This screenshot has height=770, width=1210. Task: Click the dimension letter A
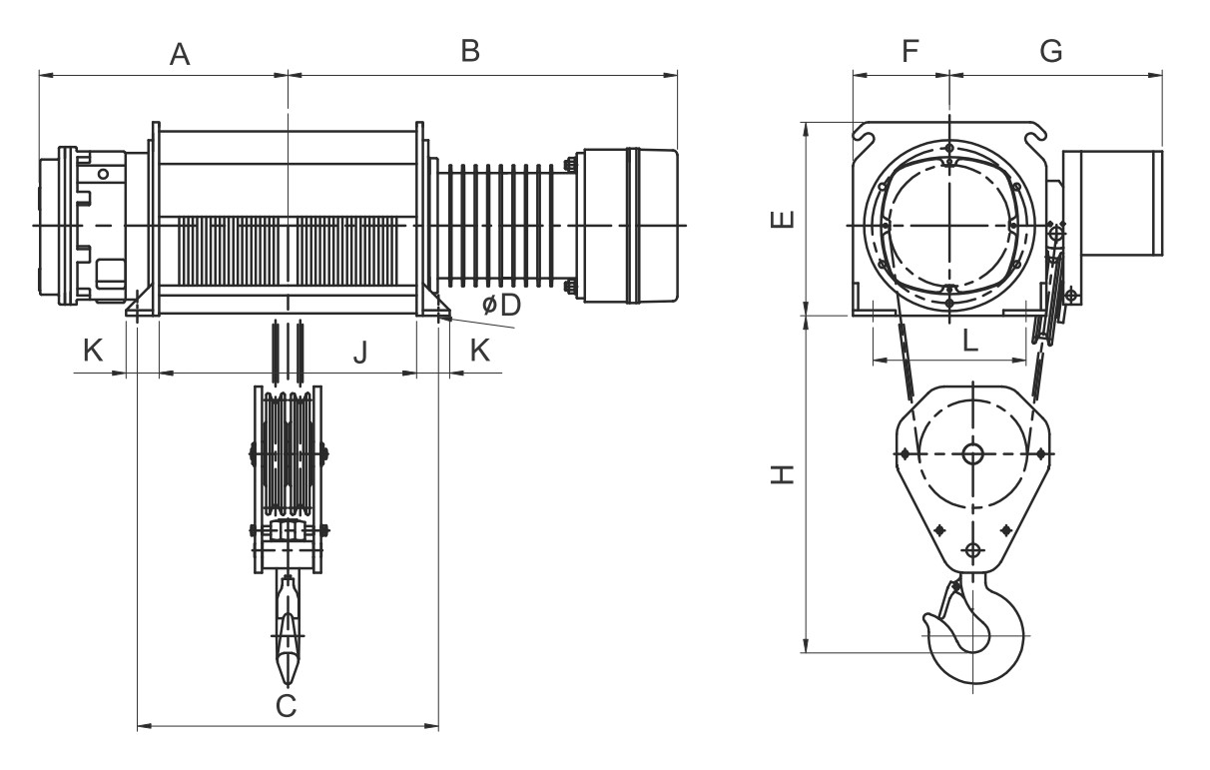(180, 55)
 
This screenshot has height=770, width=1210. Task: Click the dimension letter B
(470, 51)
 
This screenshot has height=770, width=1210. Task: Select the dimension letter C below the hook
(287, 706)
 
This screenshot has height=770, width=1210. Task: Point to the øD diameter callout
(501, 305)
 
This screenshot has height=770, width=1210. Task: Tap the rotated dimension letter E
(783, 219)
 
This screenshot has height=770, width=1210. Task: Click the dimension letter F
(910, 51)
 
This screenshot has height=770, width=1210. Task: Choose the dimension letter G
(1051, 51)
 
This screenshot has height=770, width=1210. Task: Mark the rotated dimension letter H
(783, 474)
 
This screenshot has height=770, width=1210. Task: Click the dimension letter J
(360, 353)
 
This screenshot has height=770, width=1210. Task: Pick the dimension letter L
(970, 341)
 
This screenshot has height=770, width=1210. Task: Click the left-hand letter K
(93, 351)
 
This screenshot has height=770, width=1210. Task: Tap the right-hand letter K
(479, 351)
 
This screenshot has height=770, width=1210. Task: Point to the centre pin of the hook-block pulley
(972, 453)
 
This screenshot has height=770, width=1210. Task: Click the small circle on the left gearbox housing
(103, 174)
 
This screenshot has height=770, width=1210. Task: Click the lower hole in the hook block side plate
(972, 550)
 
